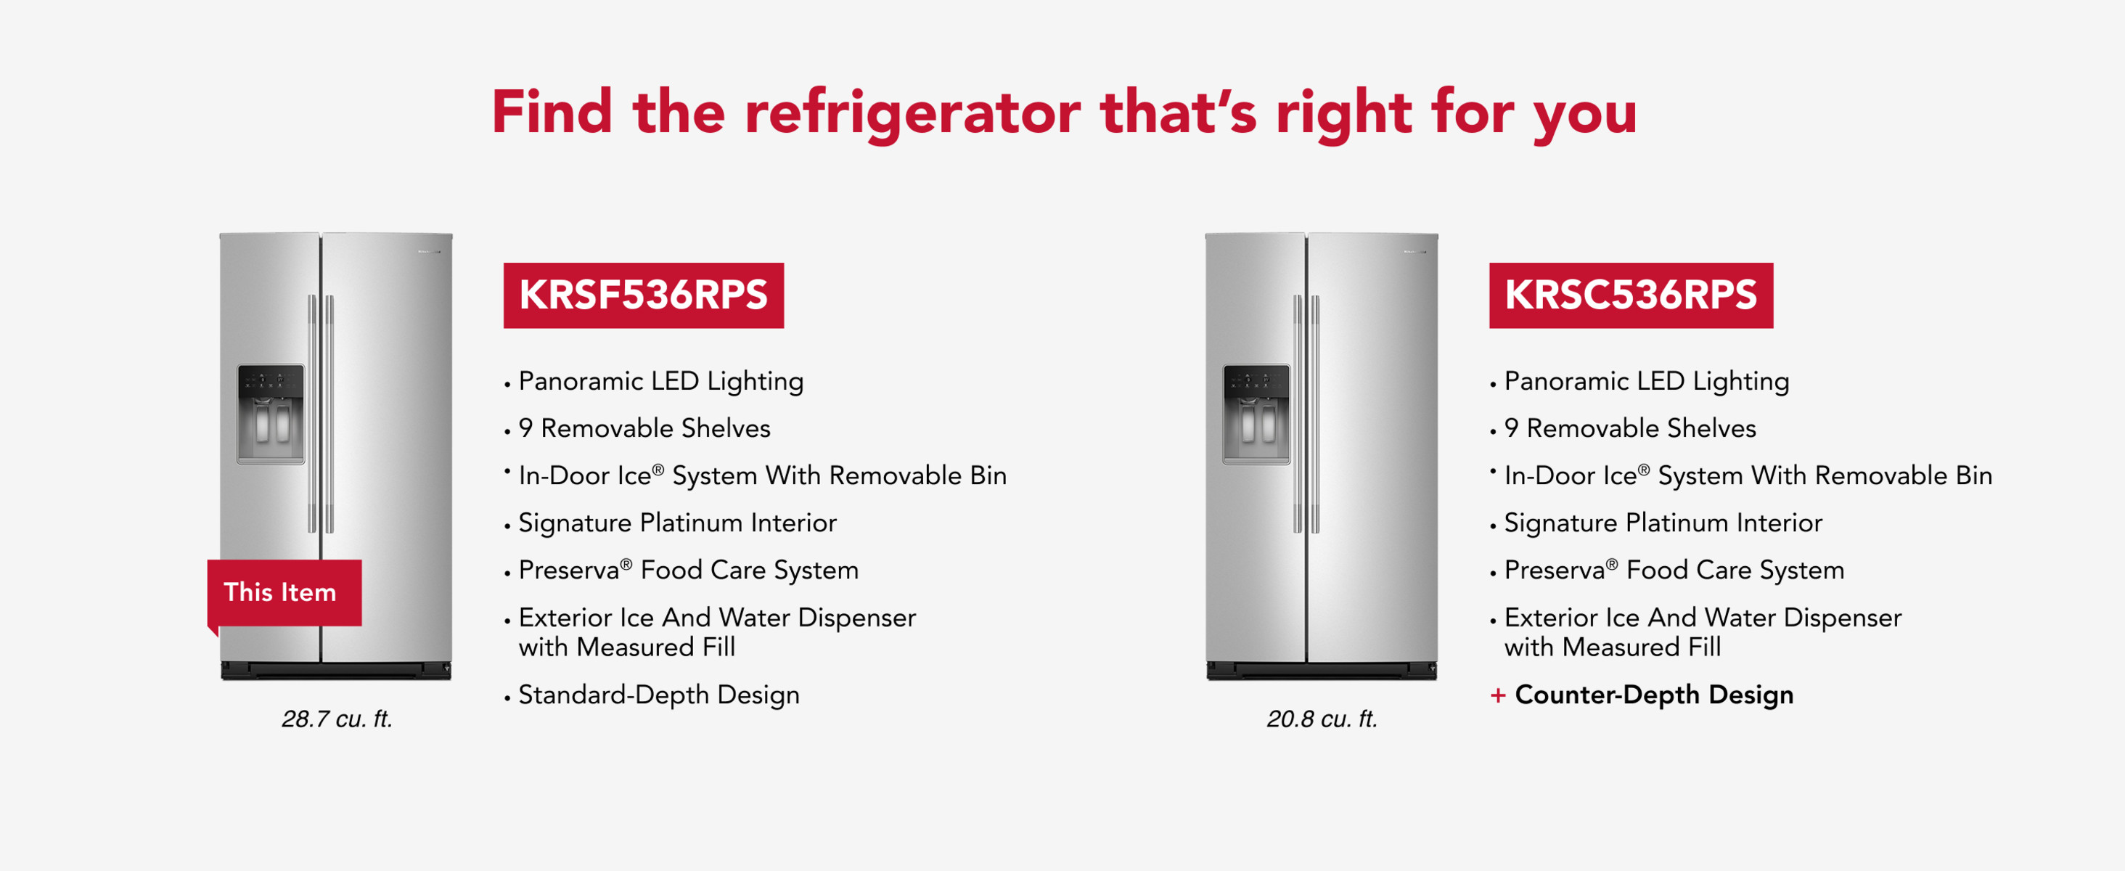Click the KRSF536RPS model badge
point(644,295)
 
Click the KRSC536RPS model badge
point(1631,295)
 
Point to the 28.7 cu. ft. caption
point(337,719)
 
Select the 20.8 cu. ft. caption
point(1322,719)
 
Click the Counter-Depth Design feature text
point(1654,695)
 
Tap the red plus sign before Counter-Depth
point(1498,695)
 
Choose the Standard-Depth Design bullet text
point(659,695)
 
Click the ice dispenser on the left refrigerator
point(271,414)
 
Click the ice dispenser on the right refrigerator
point(1256,414)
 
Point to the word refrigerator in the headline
point(912,113)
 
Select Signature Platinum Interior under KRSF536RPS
point(677,523)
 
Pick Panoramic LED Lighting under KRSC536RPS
point(1647,381)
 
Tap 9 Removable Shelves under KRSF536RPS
point(644,428)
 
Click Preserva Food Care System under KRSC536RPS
point(1674,570)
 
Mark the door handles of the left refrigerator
point(321,414)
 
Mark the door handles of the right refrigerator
point(1306,414)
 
